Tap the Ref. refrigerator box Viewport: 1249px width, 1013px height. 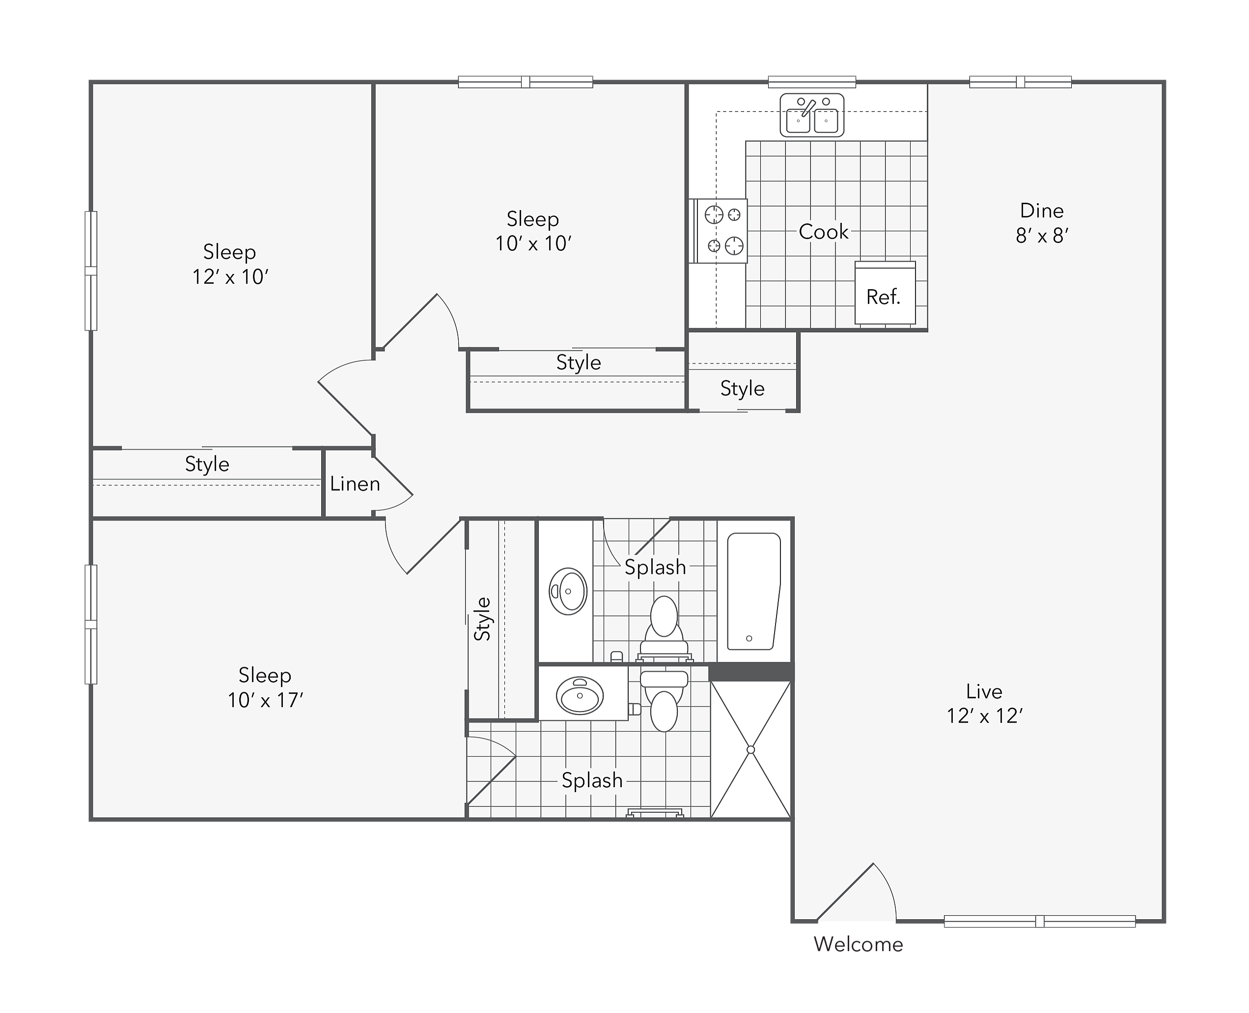click(x=885, y=293)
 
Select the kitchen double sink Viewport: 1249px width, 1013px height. click(x=812, y=115)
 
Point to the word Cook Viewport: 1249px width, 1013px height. click(x=823, y=232)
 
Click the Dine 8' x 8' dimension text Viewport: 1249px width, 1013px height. click(x=1042, y=235)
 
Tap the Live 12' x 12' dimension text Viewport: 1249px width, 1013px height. click(x=984, y=716)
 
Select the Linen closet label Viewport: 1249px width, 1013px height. click(x=355, y=484)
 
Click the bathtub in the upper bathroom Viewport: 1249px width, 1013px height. click(x=753, y=591)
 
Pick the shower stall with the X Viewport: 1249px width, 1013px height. click(x=751, y=749)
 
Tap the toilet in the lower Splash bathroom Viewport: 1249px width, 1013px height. click(x=664, y=701)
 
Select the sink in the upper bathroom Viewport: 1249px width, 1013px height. click(x=568, y=591)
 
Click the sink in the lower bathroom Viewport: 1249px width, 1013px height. click(x=580, y=695)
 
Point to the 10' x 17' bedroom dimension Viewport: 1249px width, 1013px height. click(x=265, y=700)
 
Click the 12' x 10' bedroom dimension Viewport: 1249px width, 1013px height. click(x=230, y=277)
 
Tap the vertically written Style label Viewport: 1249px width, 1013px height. click(x=482, y=619)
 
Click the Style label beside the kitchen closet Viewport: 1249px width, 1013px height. click(x=742, y=389)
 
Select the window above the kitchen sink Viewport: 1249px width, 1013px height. click(x=812, y=81)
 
